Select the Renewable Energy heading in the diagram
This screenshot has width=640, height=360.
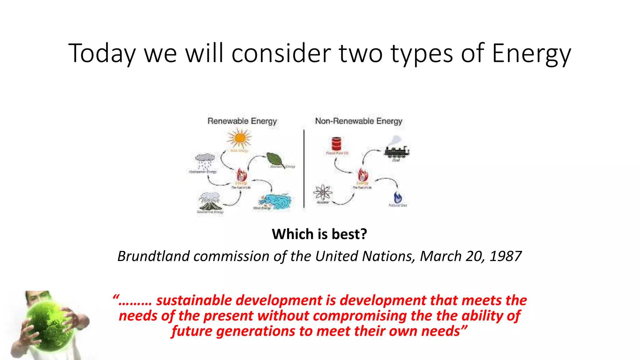coord(242,121)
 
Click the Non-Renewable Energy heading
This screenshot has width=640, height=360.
coord(358,121)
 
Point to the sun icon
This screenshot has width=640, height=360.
coord(239,138)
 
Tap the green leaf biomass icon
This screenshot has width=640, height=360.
coord(275,160)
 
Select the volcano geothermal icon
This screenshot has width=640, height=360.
coord(210,202)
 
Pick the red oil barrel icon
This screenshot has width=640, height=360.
coord(337,144)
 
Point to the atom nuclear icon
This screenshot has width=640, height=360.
coord(323,192)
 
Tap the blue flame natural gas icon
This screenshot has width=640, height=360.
coord(397,197)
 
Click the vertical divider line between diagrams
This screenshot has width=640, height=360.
coord(304,169)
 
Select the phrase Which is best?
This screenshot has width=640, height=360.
coord(319,234)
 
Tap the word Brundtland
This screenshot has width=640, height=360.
coord(153,256)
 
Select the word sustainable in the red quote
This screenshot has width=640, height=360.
coord(194,300)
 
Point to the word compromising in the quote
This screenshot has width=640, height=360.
coord(360,316)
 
